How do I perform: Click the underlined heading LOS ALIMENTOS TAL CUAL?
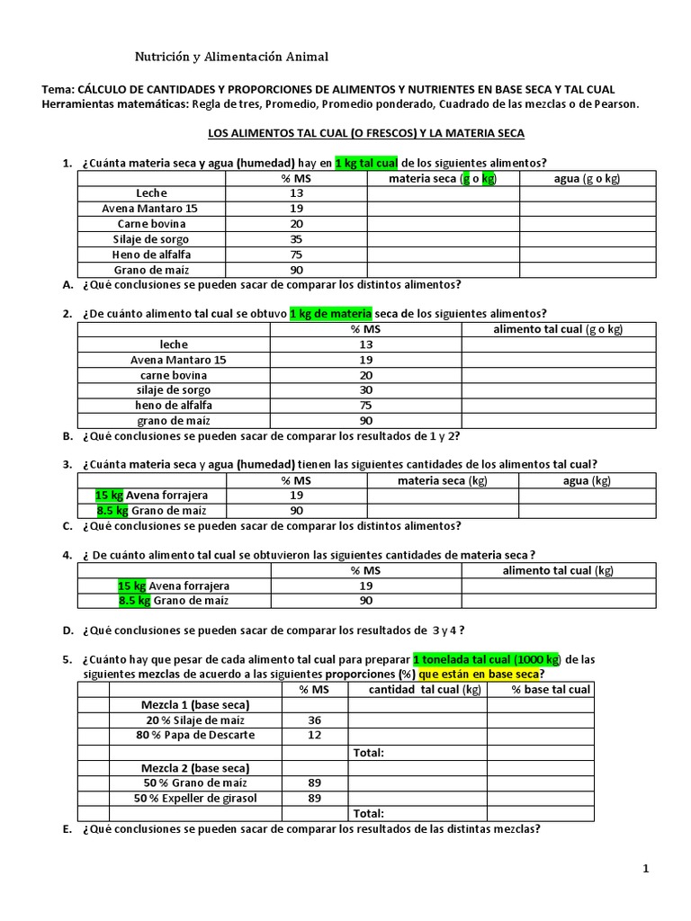[365, 133]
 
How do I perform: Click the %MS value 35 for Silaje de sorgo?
[297, 239]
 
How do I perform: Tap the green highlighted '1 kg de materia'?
[330, 313]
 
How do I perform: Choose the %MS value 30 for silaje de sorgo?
[365, 389]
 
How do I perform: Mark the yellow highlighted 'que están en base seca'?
[481, 674]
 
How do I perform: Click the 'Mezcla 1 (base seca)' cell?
[194, 704]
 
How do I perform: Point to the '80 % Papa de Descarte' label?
[194, 735]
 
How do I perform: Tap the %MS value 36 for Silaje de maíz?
[314, 720]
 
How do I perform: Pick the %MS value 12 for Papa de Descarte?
[314, 735]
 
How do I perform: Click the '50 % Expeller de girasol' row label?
[194, 797]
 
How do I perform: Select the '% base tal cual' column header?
[551, 689]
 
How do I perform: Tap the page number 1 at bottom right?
[646, 869]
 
